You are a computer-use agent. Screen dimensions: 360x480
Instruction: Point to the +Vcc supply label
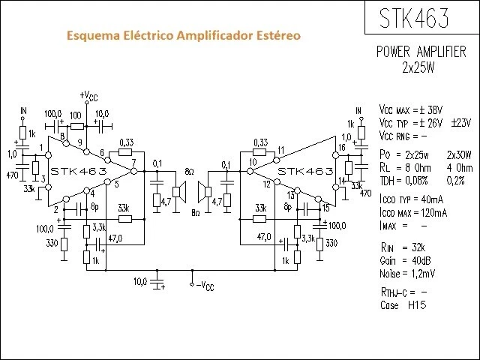tap(88, 96)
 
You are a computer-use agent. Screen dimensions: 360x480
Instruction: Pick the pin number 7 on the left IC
tap(133, 163)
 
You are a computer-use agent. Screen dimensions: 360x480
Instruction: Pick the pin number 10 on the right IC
tap(253, 163)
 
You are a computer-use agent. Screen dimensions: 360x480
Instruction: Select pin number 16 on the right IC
tap(341, 148)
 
